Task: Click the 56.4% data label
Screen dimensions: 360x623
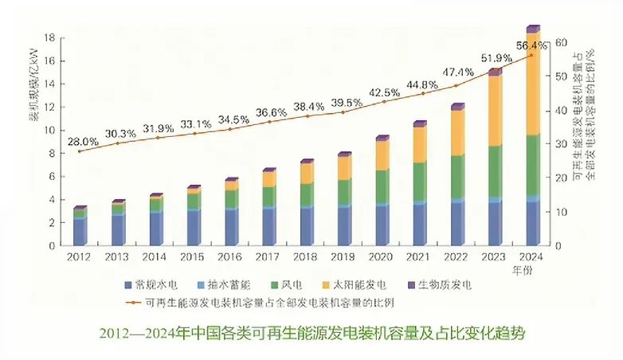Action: [x=531, y=46]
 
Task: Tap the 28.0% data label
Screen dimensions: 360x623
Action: [x=82, y=141]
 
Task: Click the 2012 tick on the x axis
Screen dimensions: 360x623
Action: [x=79, y=257]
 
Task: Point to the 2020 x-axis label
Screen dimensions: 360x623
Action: [x=382, y=257]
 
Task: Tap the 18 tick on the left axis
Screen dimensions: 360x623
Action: [x=49, y=37]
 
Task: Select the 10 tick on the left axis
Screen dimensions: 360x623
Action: [x=49, y=130]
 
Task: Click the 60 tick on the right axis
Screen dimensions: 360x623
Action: [x=561, y=43]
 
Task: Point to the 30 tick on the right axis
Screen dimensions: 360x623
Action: [x=561, y=144]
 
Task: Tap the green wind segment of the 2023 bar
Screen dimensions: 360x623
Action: [x=495, y=170]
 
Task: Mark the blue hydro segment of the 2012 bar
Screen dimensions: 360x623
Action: [x=79, y=230]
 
